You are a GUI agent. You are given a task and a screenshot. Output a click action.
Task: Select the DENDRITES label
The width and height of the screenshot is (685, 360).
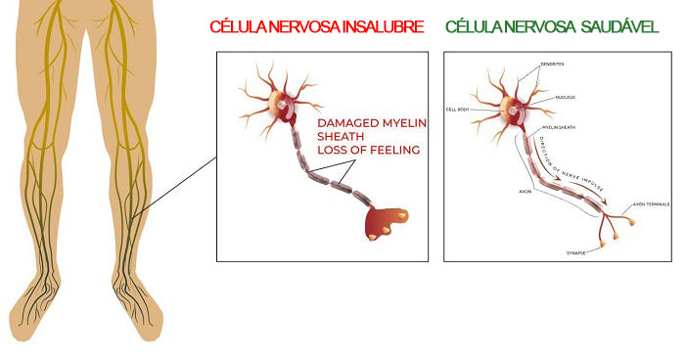(552, 65)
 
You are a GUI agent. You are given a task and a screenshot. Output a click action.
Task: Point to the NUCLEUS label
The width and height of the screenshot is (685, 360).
(564, 97)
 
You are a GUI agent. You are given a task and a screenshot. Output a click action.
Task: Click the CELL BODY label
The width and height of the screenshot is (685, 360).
(459, 110)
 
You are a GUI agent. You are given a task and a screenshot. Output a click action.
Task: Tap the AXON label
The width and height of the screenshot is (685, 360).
(525, 191)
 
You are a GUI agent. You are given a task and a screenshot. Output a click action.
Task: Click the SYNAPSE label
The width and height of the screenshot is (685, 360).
(575, 252)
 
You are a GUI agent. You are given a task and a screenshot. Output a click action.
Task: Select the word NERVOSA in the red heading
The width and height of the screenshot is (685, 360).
(304, 26)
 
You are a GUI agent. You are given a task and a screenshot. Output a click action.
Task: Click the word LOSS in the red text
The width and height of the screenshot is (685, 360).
(330, 150)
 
